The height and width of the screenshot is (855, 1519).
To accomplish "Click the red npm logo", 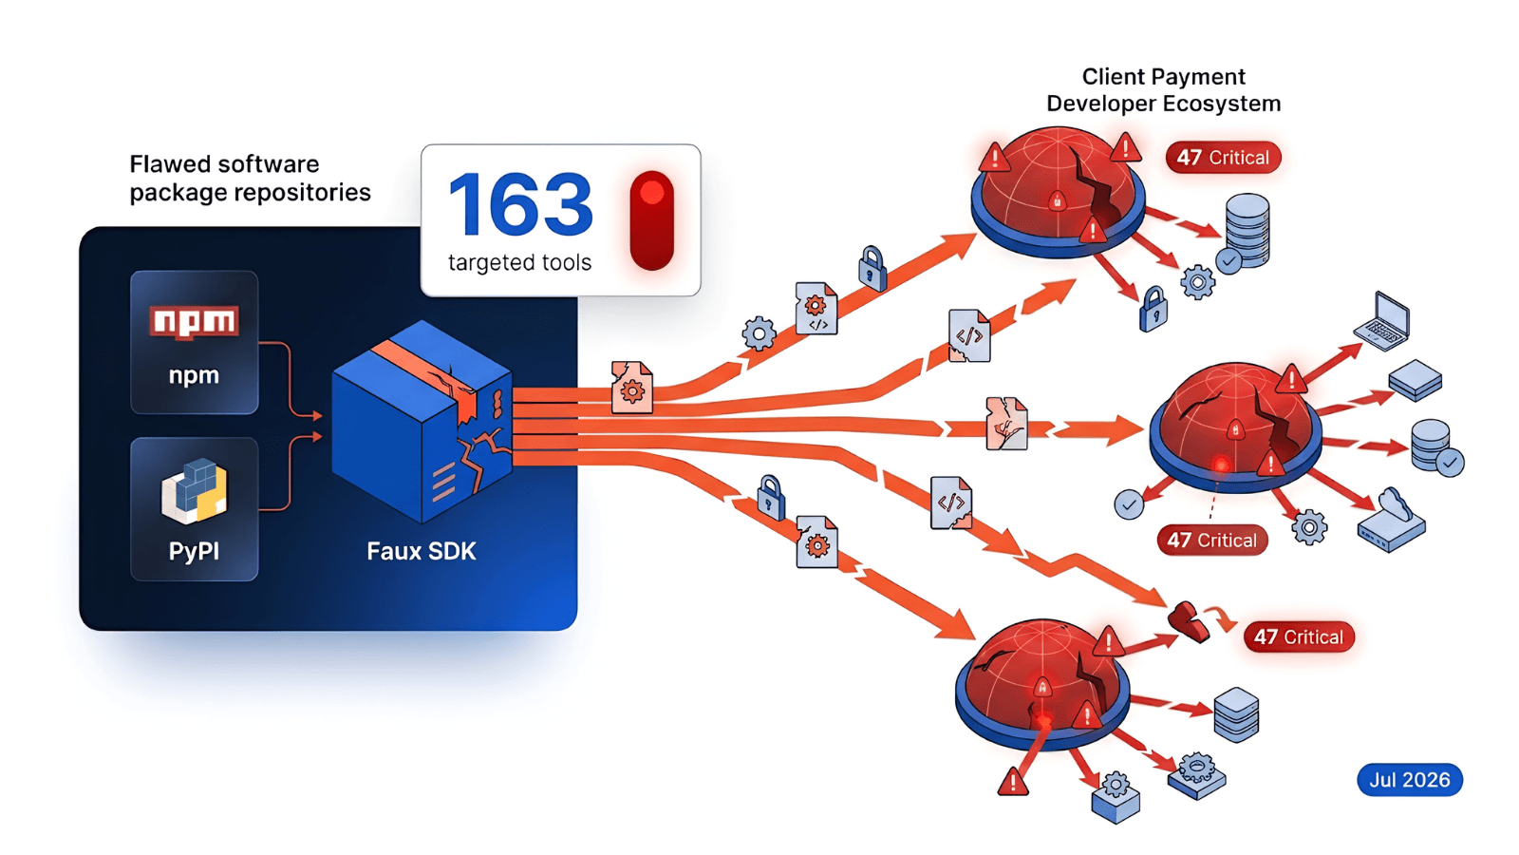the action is pos(194,322).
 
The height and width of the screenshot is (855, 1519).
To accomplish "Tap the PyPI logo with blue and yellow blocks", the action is pos(194,491).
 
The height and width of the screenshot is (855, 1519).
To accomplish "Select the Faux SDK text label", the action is pos(422,551).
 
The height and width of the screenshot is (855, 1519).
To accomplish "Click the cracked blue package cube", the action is pos(422,422).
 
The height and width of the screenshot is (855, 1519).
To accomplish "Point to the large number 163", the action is pos(520,204).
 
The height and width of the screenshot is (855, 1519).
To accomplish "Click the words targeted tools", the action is pos(519,262).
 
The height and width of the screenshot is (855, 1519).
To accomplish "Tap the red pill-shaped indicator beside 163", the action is pos(651,220).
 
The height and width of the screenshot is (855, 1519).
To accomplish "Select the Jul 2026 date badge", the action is pos(1410,780).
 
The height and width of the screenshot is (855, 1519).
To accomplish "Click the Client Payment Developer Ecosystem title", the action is pos(1164,90).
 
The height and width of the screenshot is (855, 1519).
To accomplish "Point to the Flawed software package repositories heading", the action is pos(250,178).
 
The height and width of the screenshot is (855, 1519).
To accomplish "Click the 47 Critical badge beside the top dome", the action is pos(1223,158).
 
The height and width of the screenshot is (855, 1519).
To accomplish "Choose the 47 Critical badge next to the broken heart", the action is pos(1298,637).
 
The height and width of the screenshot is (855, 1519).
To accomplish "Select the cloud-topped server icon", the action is pos(1392,521).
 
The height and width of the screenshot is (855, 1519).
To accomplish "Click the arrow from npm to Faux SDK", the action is pos(291,380).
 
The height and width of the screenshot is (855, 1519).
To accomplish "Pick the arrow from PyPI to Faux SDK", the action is pos(291,473).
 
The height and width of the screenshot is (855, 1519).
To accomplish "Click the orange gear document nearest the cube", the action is pos(632,388).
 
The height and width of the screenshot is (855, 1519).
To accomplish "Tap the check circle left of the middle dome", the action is pos(1129,504).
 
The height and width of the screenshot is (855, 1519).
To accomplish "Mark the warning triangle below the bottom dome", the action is pos(1013,782).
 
